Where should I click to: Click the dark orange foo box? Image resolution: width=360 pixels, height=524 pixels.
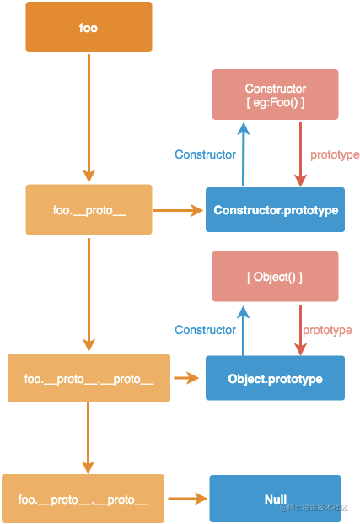point(89,27)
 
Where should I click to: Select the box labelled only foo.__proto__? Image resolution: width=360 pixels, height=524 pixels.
point(89,209)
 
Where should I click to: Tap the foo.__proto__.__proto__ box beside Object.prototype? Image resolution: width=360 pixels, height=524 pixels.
point(89,378)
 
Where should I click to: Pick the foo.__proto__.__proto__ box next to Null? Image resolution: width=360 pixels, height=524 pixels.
point(83,499)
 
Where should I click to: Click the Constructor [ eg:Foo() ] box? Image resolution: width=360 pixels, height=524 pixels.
point(275,95)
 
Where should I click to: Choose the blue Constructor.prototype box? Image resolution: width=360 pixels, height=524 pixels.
point(275,209)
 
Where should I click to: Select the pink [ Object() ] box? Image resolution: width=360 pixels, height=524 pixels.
point(275,277)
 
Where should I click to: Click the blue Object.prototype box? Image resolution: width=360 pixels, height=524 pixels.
point(275,378)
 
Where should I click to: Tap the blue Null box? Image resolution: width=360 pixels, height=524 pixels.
point(275,499)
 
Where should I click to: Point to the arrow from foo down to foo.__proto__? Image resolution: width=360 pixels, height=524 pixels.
point(89,117)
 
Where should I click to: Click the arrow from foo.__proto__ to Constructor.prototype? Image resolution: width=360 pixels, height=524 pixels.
point(178,211)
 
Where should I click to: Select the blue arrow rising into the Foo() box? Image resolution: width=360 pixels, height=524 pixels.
point(244,154)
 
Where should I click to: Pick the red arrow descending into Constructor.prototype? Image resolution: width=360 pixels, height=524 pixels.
point(300,154)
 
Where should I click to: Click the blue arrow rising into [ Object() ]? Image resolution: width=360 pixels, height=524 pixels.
point(244,331)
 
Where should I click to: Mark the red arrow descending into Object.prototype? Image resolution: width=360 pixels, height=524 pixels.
point(300,331)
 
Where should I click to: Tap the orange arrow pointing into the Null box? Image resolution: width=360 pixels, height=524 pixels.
point(187,499)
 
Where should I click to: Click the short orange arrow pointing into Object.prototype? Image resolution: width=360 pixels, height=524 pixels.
point(186,378)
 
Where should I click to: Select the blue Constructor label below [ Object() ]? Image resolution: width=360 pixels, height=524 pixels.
point(205,330)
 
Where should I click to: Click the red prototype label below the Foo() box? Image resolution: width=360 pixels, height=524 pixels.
point(335,155)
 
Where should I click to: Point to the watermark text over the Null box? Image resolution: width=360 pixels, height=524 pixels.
point(314,508)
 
